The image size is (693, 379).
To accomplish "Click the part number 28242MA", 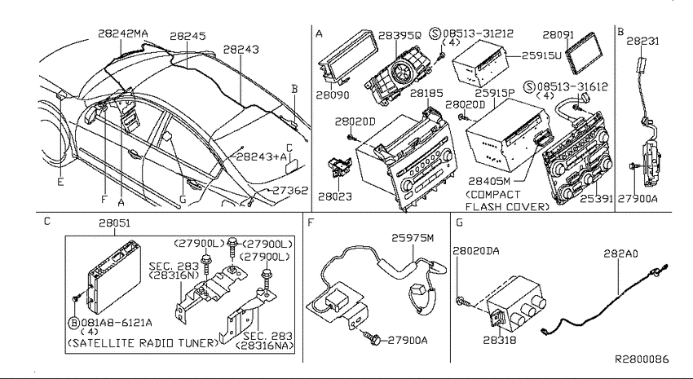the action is point(123,33).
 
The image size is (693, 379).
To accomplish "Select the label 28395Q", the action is point(400,35).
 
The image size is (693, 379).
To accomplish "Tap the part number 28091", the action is point(558,35).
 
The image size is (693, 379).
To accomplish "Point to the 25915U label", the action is point(541,55).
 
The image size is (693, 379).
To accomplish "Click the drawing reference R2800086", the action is point(642,359).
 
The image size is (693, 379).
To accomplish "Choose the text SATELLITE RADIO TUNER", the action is point(143,343).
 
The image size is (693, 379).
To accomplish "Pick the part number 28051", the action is point(114,223).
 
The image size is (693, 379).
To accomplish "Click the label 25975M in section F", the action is point(413,238).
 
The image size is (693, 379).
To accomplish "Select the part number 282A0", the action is point(621,254).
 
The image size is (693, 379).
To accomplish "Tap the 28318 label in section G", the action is point(500,340).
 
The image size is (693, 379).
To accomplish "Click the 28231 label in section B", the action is point(642,41).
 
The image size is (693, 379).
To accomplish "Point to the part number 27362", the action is point(290,190).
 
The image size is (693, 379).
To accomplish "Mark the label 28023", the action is point(335,196).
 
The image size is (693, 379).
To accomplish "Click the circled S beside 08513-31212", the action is point(436,33).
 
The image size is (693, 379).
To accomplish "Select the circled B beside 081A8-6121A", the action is point(74,323).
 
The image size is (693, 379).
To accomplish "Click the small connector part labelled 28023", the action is point(340,169).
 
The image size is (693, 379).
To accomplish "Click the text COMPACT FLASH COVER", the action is point(507,201).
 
